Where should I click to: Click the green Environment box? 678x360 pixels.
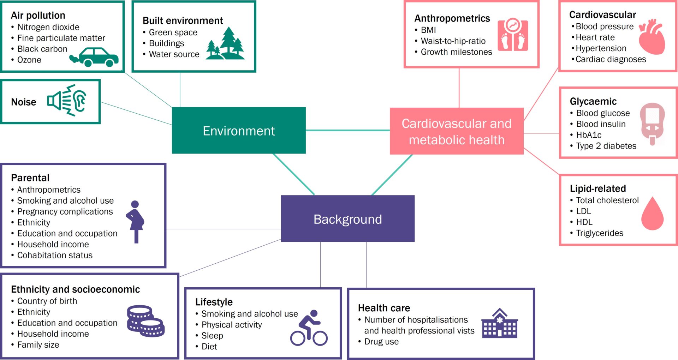[239, 131]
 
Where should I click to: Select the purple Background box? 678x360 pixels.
[347, 219]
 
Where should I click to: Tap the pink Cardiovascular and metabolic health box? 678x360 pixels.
[456, 131]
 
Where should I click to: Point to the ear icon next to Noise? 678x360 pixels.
[80, 100]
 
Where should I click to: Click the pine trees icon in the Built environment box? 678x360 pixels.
[226, 44]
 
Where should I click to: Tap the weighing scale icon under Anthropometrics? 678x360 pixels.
[513, 35]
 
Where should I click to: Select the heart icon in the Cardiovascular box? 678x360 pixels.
[653, 37]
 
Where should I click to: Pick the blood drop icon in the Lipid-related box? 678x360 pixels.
[652, 214]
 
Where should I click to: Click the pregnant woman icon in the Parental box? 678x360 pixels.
[135, 222]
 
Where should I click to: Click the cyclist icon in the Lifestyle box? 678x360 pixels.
[309, 328]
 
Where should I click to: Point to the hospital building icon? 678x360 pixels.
[500, 324]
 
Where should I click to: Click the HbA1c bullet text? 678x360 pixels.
[589, 135]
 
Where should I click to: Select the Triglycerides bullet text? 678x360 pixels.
[600, 233]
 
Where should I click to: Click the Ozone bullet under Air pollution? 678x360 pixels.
[29, 60]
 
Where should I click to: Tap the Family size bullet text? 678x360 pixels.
[38, 345]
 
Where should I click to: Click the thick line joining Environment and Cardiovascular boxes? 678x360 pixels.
[347, 130]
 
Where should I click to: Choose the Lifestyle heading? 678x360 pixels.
[214, 302]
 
